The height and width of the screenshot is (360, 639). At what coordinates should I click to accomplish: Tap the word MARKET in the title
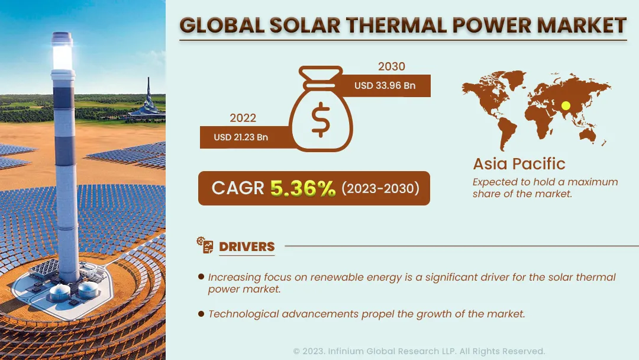pyautogui.click(x=582, y=25)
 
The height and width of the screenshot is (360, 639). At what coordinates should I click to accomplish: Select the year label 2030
pyautogui.click(x=391, y=66)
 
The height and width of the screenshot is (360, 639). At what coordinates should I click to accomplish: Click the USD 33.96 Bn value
pyautogui.click(x=385, y=86)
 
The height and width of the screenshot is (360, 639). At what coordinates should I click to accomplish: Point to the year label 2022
pyautogui.click(x=243, y=118)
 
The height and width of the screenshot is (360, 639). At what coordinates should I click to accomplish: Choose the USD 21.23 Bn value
pyautogui.click(x=241, y=137)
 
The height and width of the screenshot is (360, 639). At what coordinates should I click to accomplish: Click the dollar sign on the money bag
pyautogui.click(x=321, y=120)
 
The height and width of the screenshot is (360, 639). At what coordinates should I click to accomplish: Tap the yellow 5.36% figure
pyautogui.click(x=303, y=188)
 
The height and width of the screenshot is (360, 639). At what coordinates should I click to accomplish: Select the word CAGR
pyautogui.click(x=238, y=188)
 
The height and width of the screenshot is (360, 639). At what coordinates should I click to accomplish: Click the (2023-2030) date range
pyautogui.click(x=380, y=188)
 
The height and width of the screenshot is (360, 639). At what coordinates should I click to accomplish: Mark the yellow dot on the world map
pyautogui.click(x=566, y=105)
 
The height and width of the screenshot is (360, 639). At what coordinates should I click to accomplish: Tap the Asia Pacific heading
pyautogui.click(x=519, y=164)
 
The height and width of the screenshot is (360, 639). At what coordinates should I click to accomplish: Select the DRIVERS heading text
pyautogui.click(x=247, y=247)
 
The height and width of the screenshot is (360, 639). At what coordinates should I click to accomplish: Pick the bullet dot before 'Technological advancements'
pyautogui.click(x=201, y=314)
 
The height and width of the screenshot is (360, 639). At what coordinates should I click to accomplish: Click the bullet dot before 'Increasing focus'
pyautogui.click(x=201, y=277)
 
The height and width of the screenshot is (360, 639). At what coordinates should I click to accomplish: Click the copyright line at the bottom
pyautogui.click(x=419, y=351)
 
